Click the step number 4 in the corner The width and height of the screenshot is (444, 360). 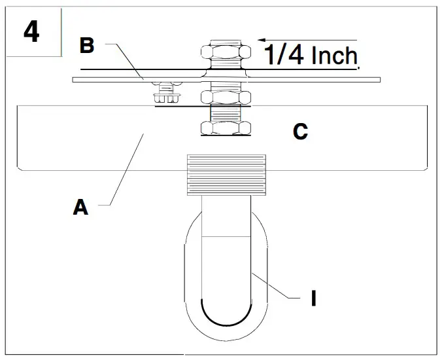click(x=31, y=31)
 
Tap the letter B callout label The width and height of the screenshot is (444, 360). click(x=87, y=46)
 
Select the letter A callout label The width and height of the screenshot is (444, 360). click(x=80, y=208)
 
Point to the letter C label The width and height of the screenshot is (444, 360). click(x=300, y=132)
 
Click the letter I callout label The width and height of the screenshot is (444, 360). click(x=313, y=298)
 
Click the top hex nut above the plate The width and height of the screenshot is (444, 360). click(x=226, y=53)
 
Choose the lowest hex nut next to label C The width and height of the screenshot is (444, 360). click(x=226, y=128)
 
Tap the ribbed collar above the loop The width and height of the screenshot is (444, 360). click(x=226, y=175)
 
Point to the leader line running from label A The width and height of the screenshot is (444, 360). click(x=124, y=170)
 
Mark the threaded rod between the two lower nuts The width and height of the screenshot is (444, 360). click(x=226, y=113)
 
